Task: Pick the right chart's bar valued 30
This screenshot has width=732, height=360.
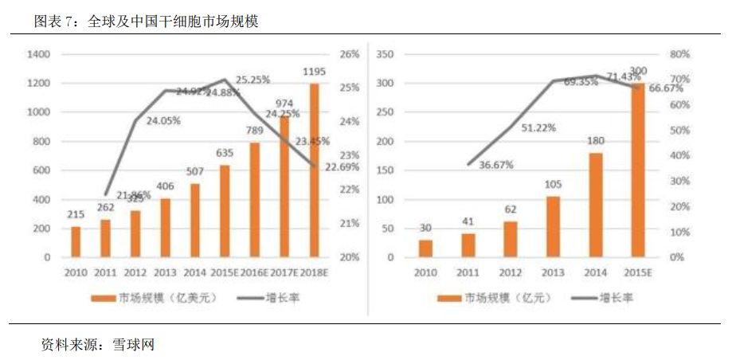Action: coord(427,248)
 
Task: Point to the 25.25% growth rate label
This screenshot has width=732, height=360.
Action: coord(253,80)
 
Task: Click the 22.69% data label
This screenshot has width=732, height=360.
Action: coord(342,167)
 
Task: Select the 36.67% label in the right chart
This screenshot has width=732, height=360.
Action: coord(495,165)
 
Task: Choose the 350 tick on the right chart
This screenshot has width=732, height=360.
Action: coord(386,54)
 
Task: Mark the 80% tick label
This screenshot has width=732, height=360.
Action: coord(679,54)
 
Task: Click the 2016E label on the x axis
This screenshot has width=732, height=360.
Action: coord(254,272)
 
